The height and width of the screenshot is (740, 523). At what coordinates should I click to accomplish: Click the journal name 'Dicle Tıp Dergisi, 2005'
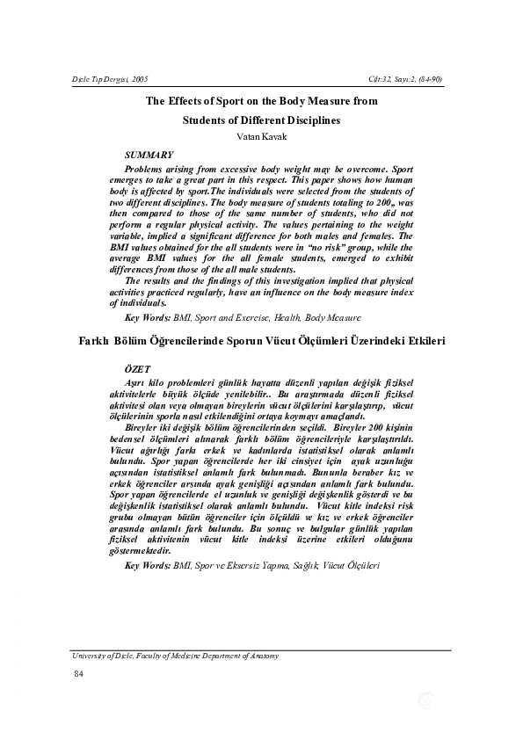110,80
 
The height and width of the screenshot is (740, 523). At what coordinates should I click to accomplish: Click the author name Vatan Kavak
261,137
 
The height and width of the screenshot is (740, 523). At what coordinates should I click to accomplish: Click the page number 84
78,673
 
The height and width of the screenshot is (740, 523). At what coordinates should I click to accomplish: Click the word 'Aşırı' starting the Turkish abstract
139,383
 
